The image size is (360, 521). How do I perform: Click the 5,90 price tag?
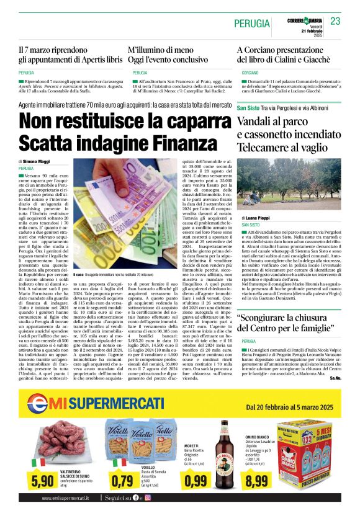point(42,481)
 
